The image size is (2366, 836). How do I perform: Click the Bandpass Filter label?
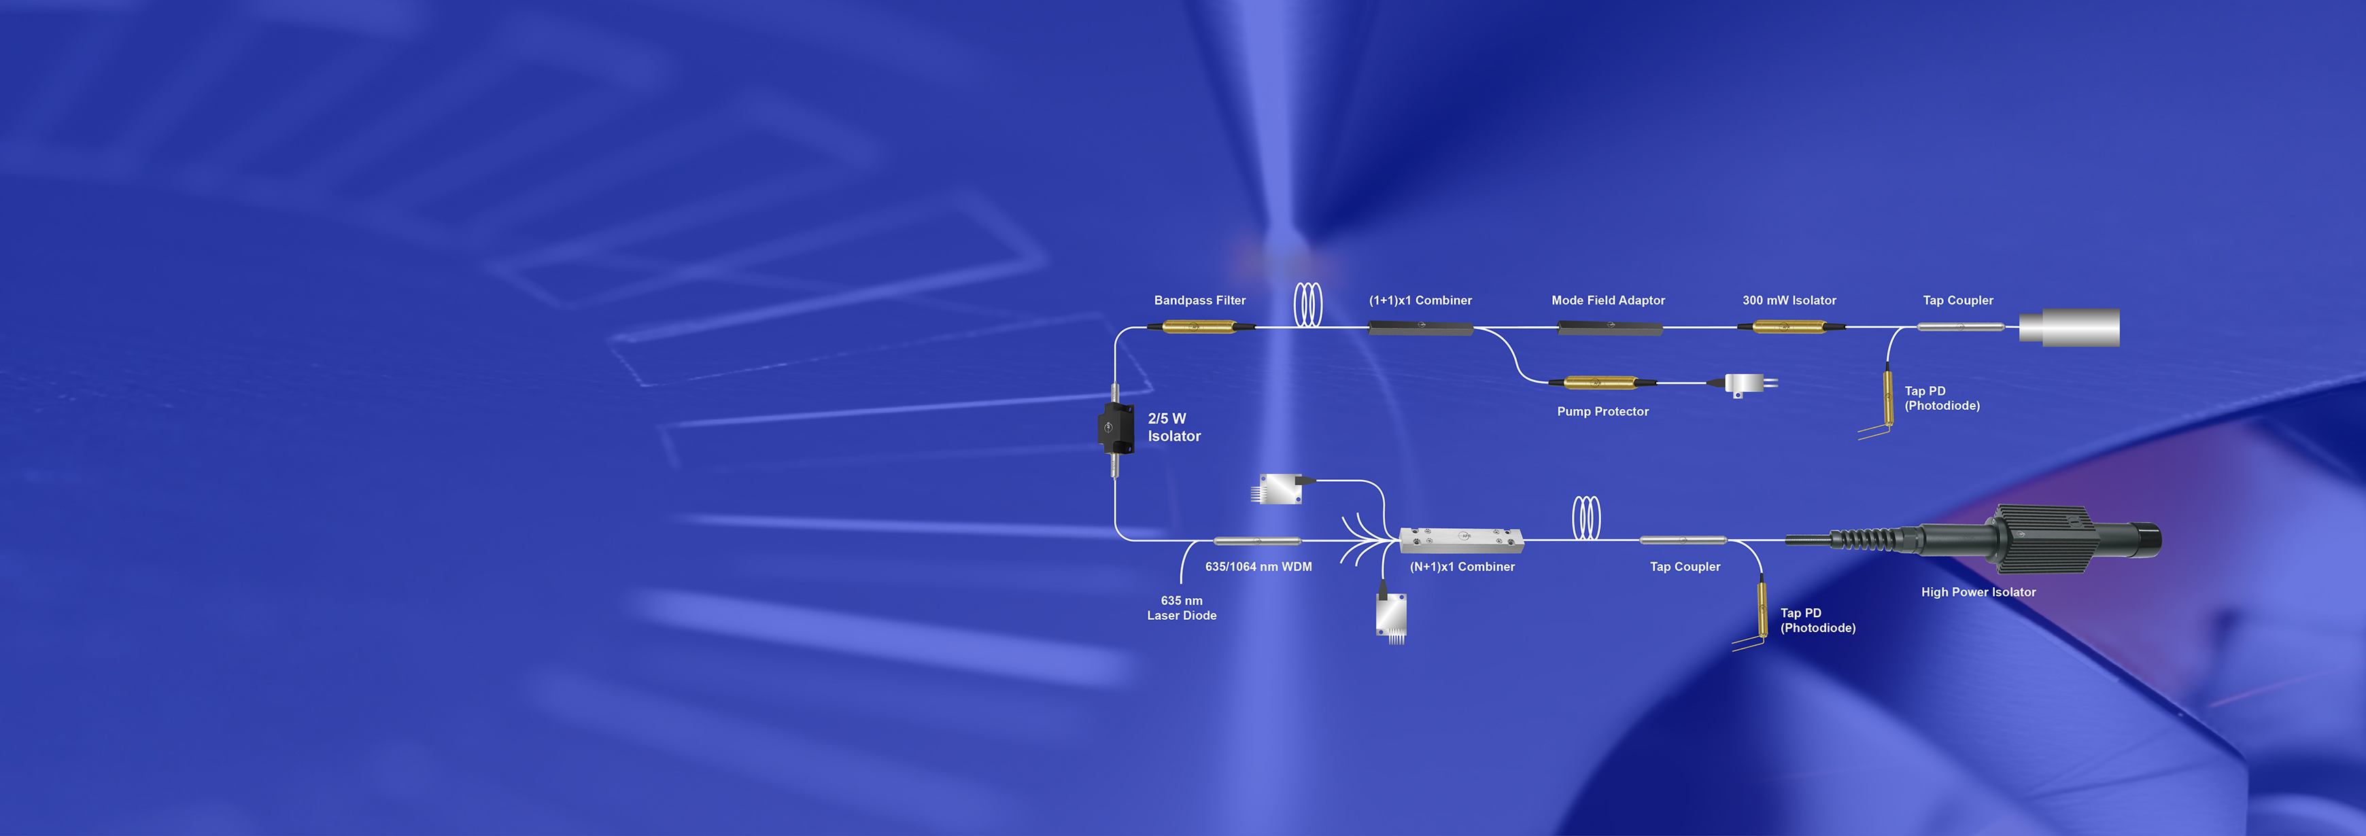pos(1199,300)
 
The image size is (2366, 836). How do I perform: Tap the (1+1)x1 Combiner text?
pos(1420,300)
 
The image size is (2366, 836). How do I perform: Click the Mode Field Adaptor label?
pos(1607,300)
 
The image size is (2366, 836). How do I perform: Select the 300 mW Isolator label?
pos(1789,300)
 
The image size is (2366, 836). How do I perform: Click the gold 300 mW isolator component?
pos(1790,326)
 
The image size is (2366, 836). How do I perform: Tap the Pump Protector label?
pos(1602,412)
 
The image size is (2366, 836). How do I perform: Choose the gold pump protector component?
pos(1602,382)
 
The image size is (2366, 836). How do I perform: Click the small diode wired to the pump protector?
pos(1746,384)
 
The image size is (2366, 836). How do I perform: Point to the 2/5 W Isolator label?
pos(1173,428)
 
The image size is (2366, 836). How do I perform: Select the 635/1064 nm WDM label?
pos(1258,567)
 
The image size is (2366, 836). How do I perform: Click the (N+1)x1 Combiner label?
pos(1462,567)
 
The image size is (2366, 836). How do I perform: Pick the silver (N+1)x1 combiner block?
pos(1461,540)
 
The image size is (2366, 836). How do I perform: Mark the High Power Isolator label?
pos(1978,593)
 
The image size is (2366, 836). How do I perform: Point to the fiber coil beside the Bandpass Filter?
pos(1308,305)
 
